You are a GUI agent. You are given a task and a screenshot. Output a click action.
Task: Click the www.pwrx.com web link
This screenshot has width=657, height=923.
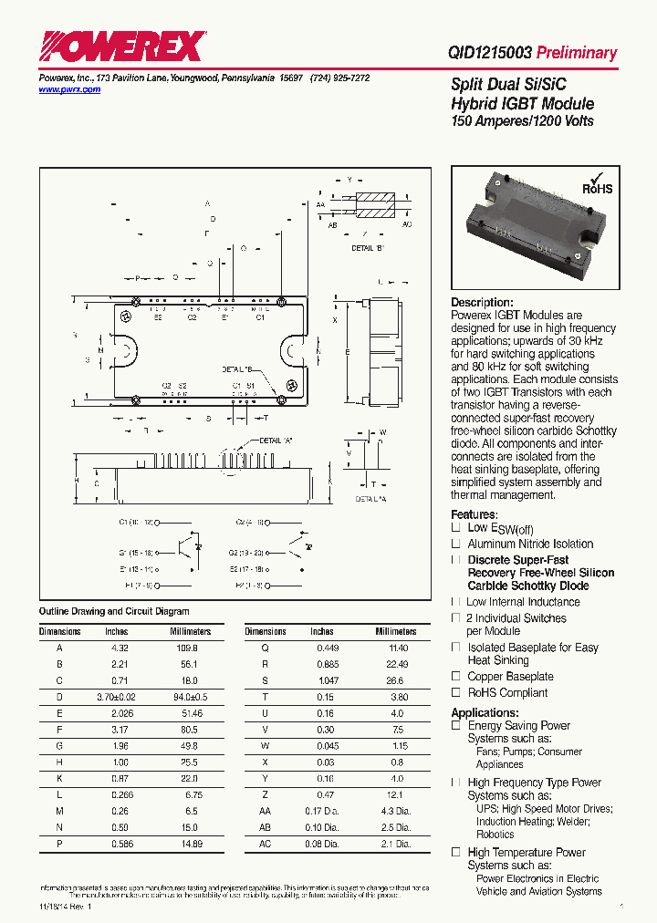point(69,90)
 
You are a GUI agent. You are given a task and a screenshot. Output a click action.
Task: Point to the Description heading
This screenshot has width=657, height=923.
point(482,303)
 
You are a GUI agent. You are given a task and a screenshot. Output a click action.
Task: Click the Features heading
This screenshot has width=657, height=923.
point(474,514)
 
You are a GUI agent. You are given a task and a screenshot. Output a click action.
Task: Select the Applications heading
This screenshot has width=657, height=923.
point(485,712)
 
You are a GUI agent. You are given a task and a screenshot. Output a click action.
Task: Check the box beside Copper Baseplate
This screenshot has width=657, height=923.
point(455,676)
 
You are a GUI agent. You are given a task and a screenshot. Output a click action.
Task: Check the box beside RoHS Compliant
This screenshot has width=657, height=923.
point(455,692)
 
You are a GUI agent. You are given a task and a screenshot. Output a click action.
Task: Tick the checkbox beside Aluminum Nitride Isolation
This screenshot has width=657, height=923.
point(455,544)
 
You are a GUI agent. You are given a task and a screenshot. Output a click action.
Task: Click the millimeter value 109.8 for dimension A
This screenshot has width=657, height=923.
point(186,647)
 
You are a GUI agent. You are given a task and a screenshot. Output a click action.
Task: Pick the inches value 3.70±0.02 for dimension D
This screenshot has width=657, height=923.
point(117,697)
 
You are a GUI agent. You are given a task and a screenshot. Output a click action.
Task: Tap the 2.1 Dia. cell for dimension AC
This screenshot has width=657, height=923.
point(392,845)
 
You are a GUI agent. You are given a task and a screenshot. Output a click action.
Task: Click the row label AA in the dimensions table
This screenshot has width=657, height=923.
point(266,812)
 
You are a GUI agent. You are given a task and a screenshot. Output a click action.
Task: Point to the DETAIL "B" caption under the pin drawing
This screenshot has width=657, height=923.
point(368,247)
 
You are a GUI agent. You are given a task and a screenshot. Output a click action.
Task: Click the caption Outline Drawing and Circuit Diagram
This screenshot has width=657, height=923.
point(114,611)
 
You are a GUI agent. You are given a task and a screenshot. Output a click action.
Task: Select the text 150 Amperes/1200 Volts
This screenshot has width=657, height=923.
point(523,121)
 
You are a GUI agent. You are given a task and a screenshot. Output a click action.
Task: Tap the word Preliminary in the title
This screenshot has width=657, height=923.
point(577,53)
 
